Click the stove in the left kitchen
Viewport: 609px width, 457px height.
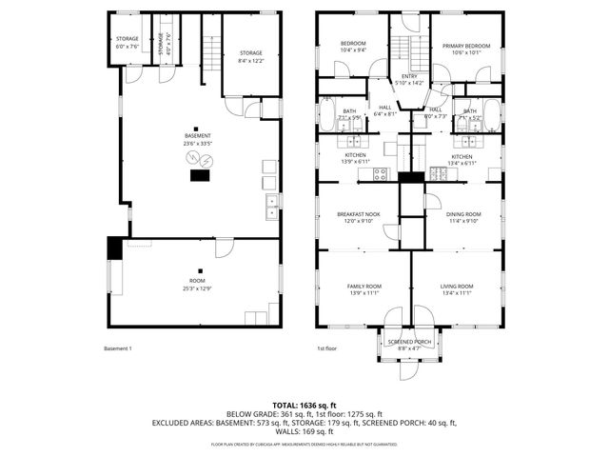coord(380,173)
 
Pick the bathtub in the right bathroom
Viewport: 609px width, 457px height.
coord(492,118)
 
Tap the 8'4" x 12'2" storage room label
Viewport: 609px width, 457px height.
coord(251,56)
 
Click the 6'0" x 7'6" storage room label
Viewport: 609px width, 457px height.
coord(127,43)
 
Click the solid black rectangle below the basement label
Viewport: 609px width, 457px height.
coord(201,174)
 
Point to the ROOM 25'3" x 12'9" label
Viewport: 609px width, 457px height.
coord(197,285)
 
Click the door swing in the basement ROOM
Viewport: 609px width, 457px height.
coord(226,248)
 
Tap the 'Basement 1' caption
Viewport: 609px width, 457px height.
coord(117,349)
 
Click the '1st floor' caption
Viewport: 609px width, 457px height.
coord(326,349)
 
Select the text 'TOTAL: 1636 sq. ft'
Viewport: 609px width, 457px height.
coord(304,404)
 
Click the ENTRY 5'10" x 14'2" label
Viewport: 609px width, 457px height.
coord(409,80)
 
